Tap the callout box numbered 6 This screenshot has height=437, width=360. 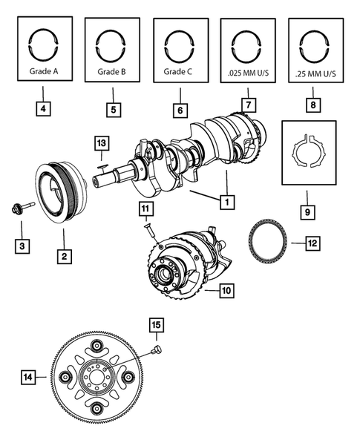(179, 110)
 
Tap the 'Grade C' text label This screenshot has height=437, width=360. (179, 73)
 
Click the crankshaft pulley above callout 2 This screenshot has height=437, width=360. (62, 191)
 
